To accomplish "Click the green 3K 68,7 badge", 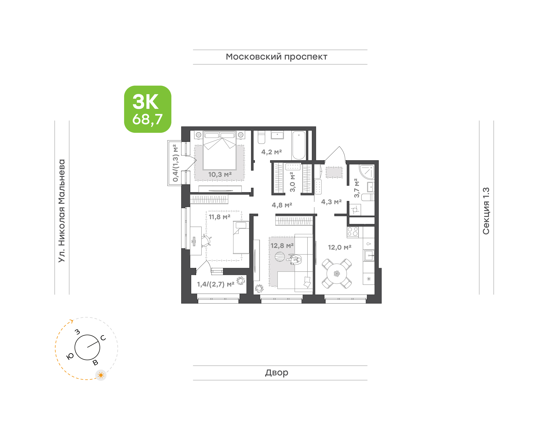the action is [148, 109].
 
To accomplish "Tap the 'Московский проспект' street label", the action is [276, 57].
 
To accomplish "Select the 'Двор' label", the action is [276, 373].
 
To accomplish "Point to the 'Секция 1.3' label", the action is [486, 211].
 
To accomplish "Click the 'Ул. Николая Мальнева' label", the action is [62, 211].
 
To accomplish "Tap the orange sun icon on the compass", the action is [101, 375].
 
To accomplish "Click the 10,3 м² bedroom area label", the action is [220, 174].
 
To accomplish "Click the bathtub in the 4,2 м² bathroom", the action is [299, 145].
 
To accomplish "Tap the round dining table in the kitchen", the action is [337, 273].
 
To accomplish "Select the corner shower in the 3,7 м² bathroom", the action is [367, 172].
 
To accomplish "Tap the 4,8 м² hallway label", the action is [282, 205].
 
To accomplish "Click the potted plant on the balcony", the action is [241, 280].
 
